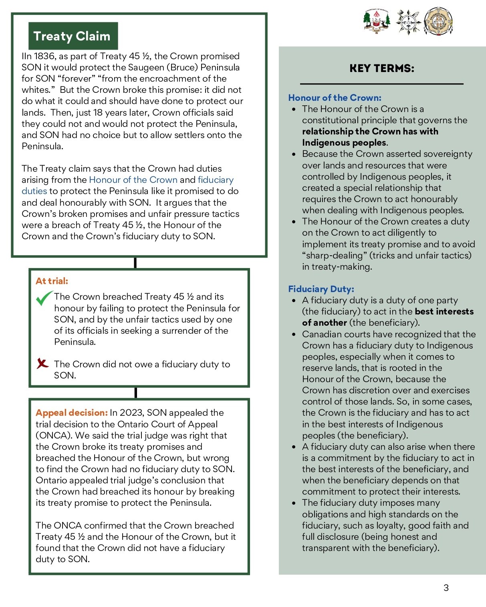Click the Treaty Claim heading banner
pos(73,36)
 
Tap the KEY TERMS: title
pos(381,68)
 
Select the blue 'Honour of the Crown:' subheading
pos(335,98)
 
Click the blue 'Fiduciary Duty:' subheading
pos(321,289)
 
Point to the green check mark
pos(44,298)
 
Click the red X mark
pos(42,363)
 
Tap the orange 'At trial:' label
pos(52,281)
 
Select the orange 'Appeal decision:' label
pos(71,413)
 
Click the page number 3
pos(446,588)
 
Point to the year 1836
pos(44,56)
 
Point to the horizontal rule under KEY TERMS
pos(381,84)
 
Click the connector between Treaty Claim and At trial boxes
pos(135,262)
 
